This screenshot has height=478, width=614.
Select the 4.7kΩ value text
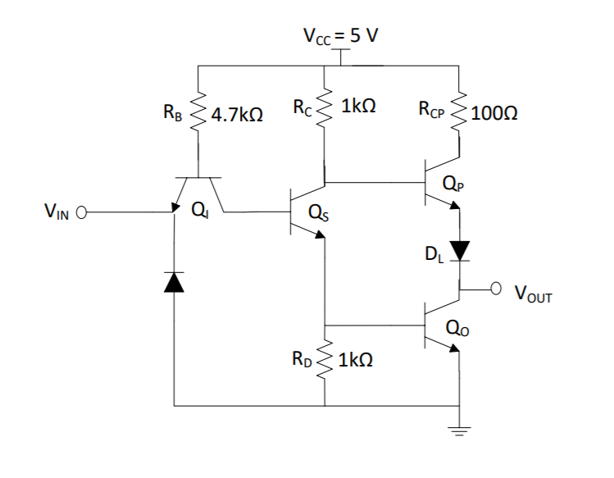[x=237, y=116]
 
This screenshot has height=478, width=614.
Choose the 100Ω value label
[x=495, y=113]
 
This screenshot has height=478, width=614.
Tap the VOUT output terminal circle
[x=495, y=288]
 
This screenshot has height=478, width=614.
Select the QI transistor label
[x=198, y=211]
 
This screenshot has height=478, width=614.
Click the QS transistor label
[x=320, y=215]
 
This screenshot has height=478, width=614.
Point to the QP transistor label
[x=451, y=185]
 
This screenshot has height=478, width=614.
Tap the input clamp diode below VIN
[x=175, y=281]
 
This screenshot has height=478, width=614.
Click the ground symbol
[x=458, y=426]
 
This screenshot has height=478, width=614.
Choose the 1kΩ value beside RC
[x=359, y=107]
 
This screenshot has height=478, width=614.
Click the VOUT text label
[x=533, y=294]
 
